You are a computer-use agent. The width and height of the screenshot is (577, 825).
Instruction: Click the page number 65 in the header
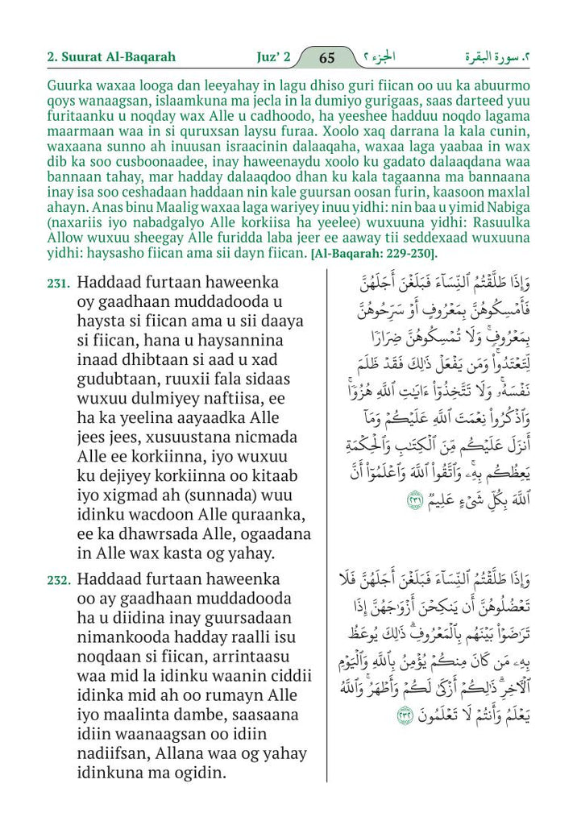coord(327,57)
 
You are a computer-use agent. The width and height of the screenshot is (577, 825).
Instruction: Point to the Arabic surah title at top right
coord(498,57)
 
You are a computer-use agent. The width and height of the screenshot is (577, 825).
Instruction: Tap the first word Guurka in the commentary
coord(69,83)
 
